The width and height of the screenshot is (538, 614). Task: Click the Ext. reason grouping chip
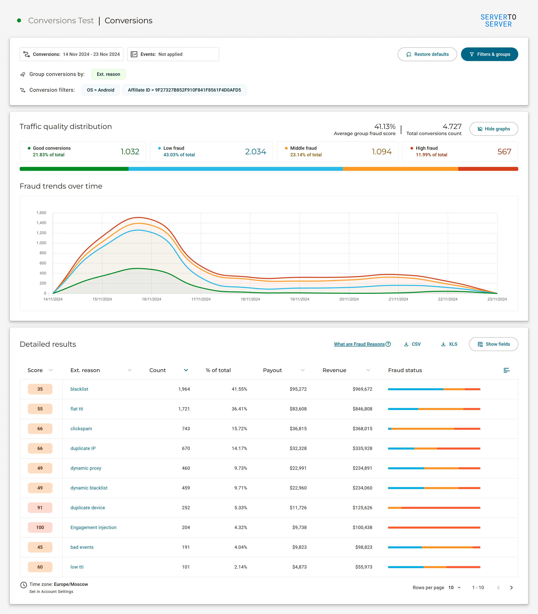[x=108, y=74]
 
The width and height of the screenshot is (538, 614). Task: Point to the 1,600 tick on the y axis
[x=41, y=213]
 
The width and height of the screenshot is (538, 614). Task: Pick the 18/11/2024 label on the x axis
[x=250, y=299]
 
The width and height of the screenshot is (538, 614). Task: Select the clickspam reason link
[x=81, y=429]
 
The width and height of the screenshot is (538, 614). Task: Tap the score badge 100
[x=40, y=528]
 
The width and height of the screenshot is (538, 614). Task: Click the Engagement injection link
[x=93, y=528]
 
